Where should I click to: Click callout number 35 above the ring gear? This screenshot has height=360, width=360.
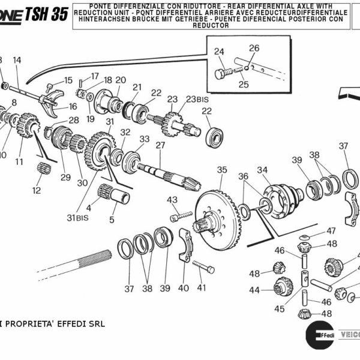click(x=222, y=170)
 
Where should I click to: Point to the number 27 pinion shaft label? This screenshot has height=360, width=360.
click(x=160, y=145)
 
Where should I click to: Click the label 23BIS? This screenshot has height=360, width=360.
click(x=196, y=100)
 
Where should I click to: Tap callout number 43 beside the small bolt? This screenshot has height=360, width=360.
click(x=172, y=200)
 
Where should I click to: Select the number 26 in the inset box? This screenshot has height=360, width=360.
click(x=254, y=48)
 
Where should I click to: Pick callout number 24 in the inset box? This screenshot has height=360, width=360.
click(x=219, y=52)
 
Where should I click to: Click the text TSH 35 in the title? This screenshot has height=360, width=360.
click(x=46, y=14)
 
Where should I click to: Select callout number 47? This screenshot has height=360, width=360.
click(x=331, y=230)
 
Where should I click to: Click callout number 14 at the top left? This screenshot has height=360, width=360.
click(x=17, y=60)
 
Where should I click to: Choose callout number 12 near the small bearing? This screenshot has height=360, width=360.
click(x=37, y=191)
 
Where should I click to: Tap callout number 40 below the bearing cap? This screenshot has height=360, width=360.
click(x=183, y=288)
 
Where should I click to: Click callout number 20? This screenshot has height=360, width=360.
click(x=120, y=80)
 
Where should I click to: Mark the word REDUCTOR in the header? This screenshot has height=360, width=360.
click(x=211, y=26)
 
